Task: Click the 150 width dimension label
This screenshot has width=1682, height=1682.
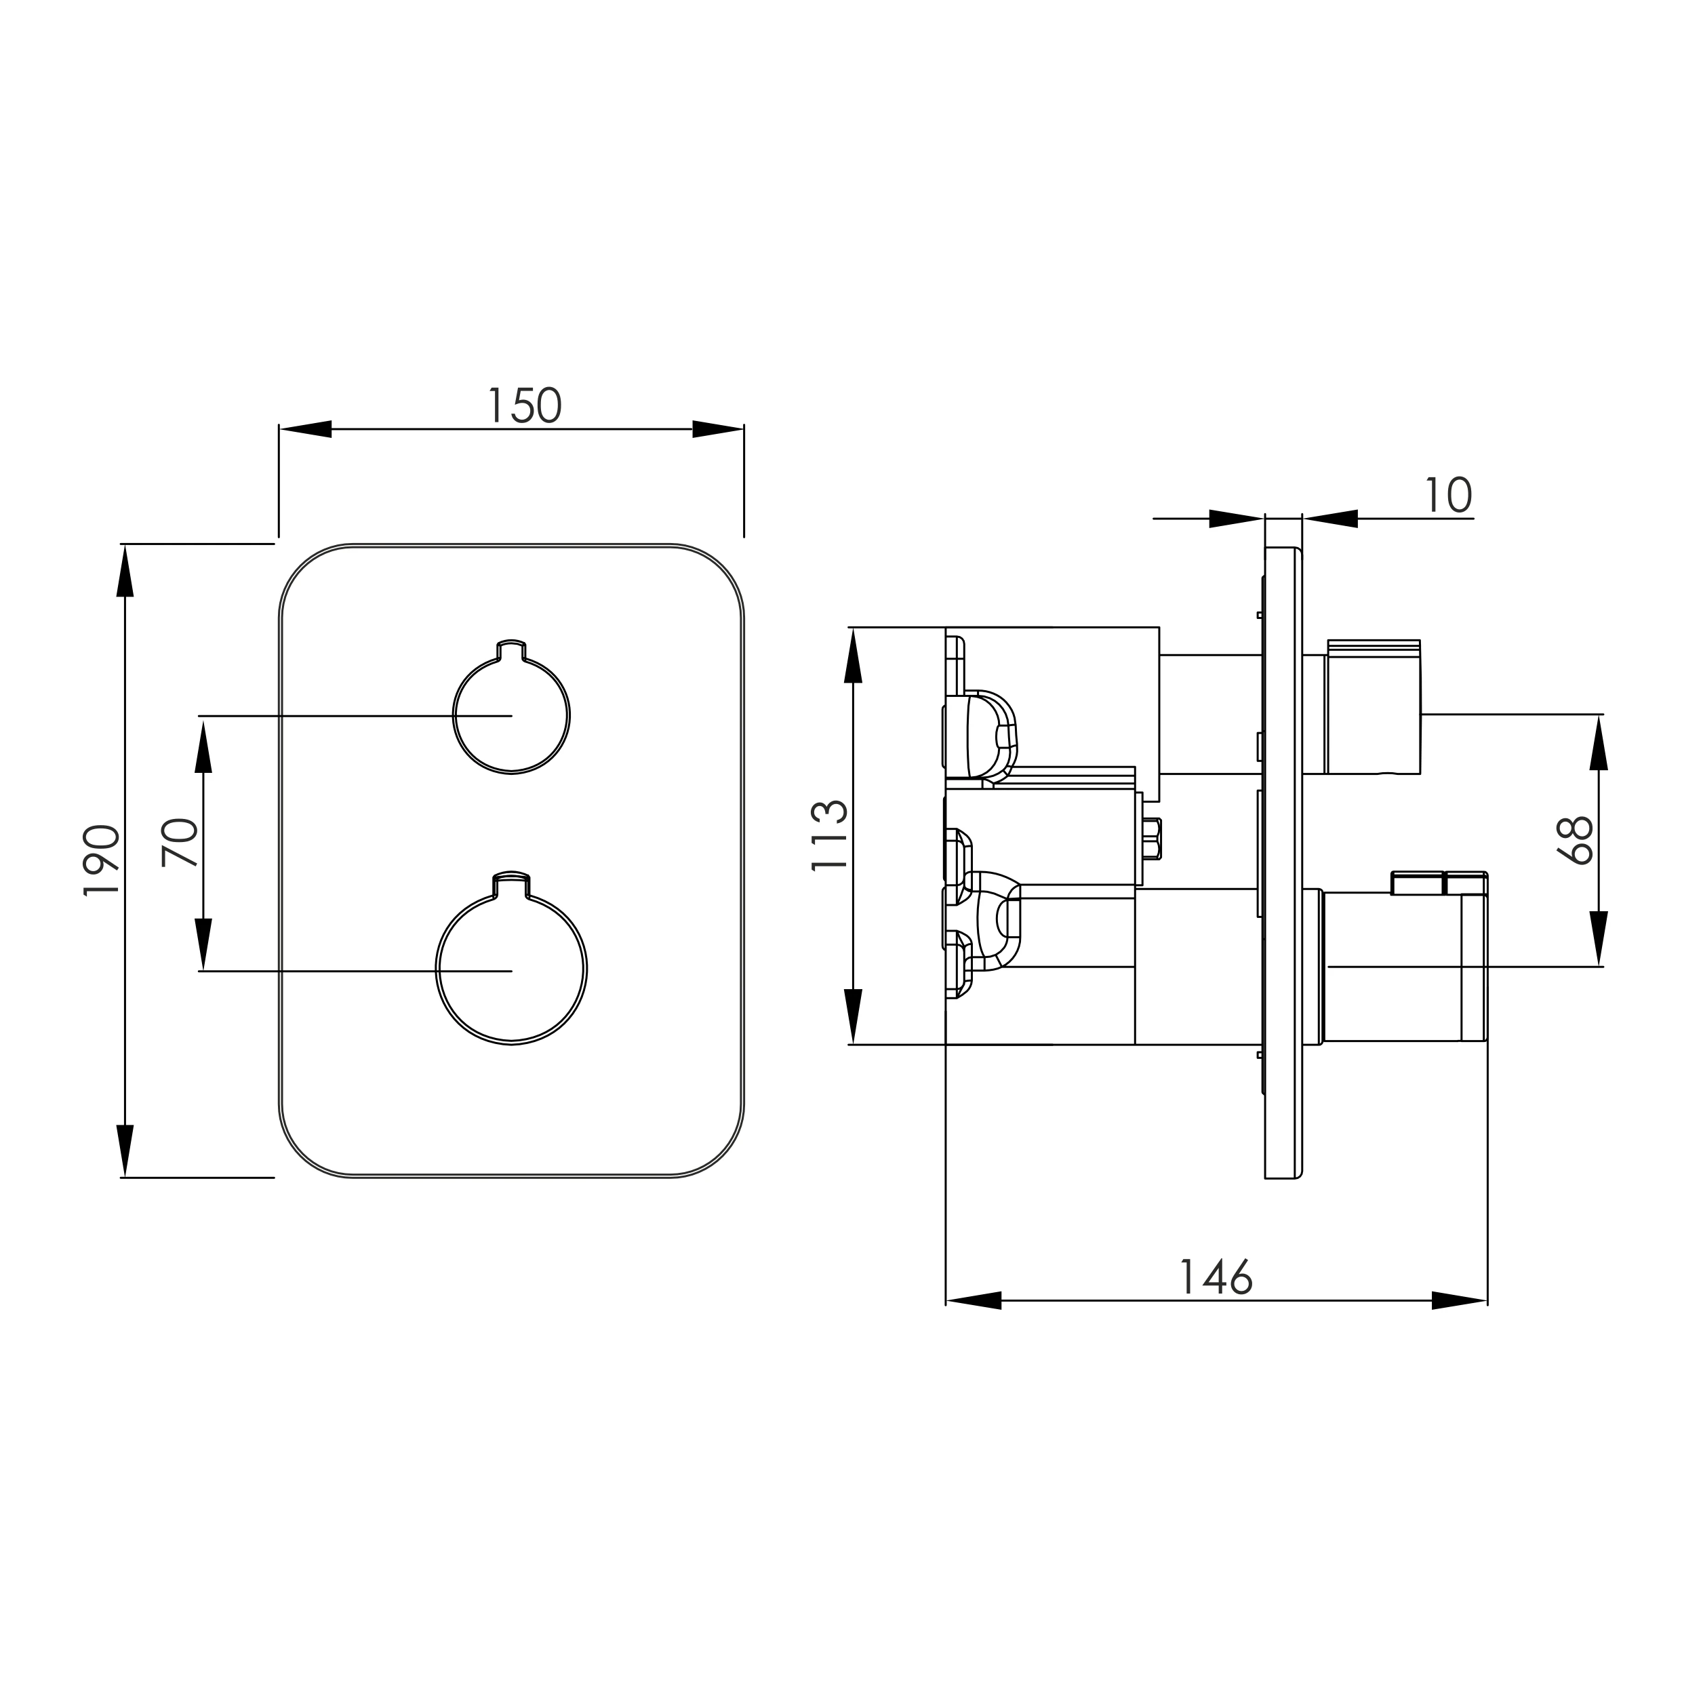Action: tap(524, 405)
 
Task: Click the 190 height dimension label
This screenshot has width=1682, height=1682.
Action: tap(101, 860)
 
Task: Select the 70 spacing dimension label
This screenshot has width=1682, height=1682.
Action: tap(180, 842)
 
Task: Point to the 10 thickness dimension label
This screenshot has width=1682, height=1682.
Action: tap(1449, 496)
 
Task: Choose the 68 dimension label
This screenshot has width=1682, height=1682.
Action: tap(1575, 839)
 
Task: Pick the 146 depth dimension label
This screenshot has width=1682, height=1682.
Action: tap(1216, 1277)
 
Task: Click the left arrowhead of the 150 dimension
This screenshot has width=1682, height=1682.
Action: tap(306, 429)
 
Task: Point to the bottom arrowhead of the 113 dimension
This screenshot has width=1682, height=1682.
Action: tap(853, 1016)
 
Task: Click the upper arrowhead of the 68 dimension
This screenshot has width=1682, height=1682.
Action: tap(1599, 742)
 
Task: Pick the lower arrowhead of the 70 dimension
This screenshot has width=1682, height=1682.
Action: tap(203, 944)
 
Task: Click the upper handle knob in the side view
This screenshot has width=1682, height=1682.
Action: tap(1373, 707)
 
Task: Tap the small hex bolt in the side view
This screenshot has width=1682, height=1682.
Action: tap(1152, 839)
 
